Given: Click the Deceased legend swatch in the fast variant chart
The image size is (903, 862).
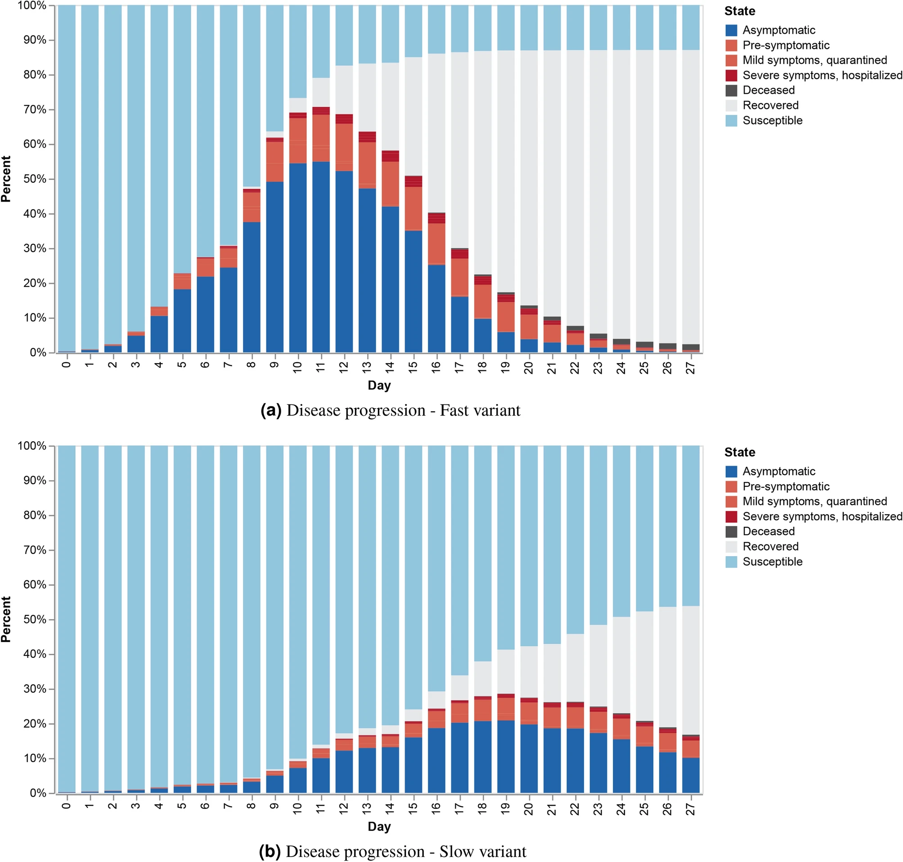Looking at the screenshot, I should pyautogui.click(x=731, y=90).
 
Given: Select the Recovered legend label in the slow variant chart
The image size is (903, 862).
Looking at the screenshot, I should pyautogui.click(x=770, y=546).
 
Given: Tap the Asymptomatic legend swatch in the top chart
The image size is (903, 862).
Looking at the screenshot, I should pyautogui.click(x=731, y=30).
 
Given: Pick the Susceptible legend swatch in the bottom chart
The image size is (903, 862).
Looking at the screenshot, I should pyautogui.click(x=731, y=561).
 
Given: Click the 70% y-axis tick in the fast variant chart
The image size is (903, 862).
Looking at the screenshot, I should pyautogui.click(x=35, y=109).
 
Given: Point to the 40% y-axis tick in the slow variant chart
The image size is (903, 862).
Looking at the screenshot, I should pyautogui.click(x=35, y=654).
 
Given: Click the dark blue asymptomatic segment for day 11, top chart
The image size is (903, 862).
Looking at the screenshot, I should pyautogui.click(x=321, y=257).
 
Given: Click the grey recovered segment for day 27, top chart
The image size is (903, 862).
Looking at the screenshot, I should pyautogui.click(x=691, y=198).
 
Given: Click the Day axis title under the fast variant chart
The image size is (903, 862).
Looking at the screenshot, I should pyautogui.click(x=379, y=385).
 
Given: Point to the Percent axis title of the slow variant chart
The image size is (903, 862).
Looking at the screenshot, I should pyautogui.click(x=6, y=620).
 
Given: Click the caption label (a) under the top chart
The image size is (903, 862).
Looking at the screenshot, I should pyautogui.click(x=271, y=410).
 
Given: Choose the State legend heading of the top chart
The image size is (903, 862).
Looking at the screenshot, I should pyautogui.click(x=739, y=11).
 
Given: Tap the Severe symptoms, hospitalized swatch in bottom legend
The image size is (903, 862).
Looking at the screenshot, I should pyautogui.click(x=731, y=516).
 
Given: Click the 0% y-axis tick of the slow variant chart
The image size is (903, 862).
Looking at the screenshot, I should pyautogui.click(x=38, y=793).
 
